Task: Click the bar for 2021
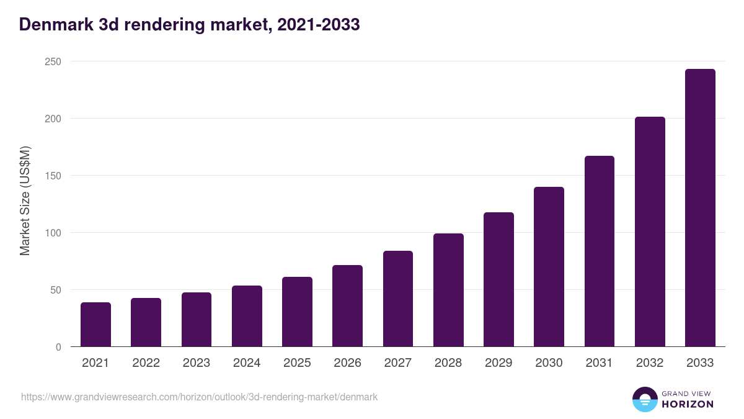point(95,325)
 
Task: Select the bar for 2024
point(247,316)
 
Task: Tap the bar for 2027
point(398,299)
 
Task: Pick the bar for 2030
point(549,267)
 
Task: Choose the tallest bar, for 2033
point(700,208)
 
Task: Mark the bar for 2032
point(650,232)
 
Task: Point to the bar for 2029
point(498,279)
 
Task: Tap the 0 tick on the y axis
point(58,347)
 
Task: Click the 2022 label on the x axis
point(146,363)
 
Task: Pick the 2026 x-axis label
point(347,363)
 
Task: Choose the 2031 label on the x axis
point(600,363)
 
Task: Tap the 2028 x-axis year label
point(448,363)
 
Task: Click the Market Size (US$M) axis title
point(25,200)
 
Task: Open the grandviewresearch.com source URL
point(199,397)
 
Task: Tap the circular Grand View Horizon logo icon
point(644,400)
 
